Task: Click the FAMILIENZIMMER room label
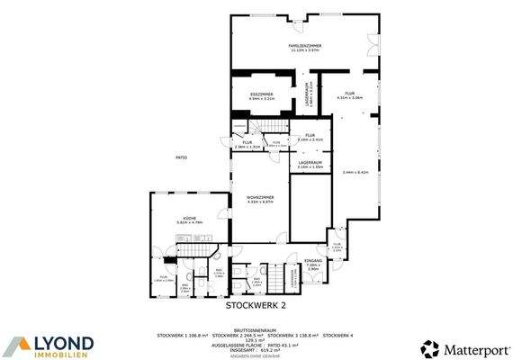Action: pos(305,45)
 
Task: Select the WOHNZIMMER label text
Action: pos(260,196)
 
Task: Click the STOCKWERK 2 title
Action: pos(256,305)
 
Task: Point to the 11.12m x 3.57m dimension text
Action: pos(305,50)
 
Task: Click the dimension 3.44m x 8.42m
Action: pos(355,172)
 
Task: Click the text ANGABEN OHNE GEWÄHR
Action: pos(256,356)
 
